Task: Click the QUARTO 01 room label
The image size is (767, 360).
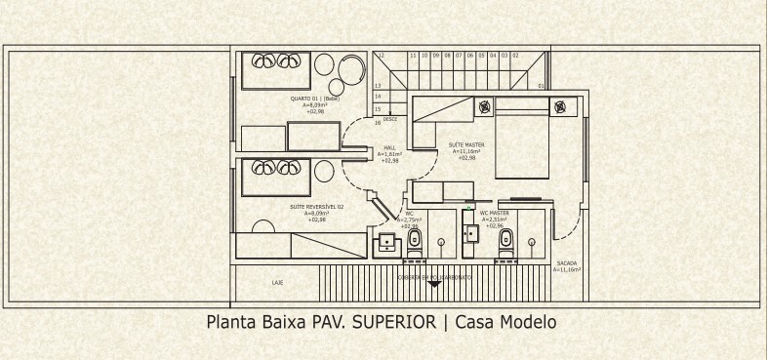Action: (314, 99)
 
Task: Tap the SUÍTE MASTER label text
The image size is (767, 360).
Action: (465, 145)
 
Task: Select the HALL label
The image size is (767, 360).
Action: (390, 147)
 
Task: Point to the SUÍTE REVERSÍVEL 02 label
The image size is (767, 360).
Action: (316, 207)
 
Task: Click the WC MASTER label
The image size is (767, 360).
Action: (494, 213)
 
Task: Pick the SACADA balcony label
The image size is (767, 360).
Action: (566, 263)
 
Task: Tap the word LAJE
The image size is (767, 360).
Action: (277, 282)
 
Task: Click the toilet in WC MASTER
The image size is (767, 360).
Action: (505, 239)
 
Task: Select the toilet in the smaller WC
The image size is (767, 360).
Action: (415, 239)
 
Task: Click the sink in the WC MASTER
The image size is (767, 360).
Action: (471, 233)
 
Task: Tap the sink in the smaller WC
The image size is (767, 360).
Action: (387, 241)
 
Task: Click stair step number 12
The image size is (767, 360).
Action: (382, 56)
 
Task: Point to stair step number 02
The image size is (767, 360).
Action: (514, 56)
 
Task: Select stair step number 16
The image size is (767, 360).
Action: (378, 123)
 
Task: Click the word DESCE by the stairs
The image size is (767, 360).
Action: (389, 119)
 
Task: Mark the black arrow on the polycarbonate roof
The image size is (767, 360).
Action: (434, 284)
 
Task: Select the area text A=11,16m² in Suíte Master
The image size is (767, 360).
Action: (465, 151)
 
